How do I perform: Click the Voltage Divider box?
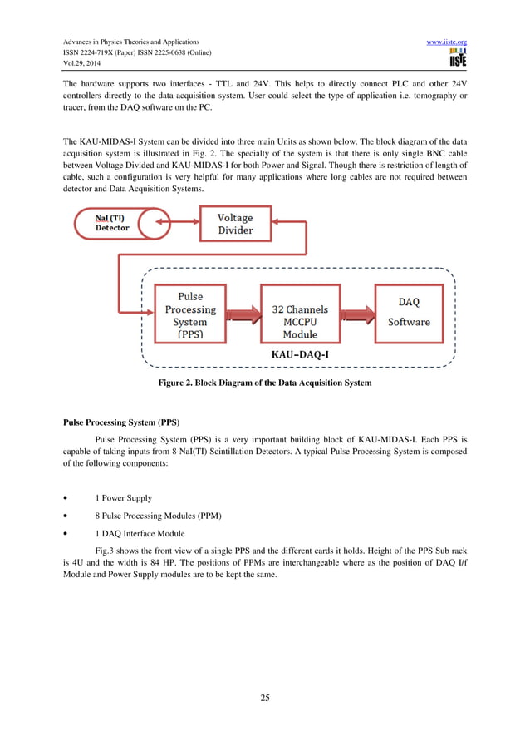(x=235, y=224)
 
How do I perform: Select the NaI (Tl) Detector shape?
(x=111, y=223)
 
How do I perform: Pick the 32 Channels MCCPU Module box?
(x=300, y=315)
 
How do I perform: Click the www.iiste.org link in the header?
(x=446, y=42)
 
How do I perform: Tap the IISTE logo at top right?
(x=456, y=57)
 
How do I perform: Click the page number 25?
(x=265, y=698)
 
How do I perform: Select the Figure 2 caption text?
(x=265, y=383)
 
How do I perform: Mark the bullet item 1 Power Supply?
(x=124, y=497)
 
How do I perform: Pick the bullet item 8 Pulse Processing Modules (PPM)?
(x=157, y=516)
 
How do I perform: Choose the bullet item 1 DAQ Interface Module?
(x=140, y=534)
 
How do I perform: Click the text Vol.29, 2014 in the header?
(x=81, y=66)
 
